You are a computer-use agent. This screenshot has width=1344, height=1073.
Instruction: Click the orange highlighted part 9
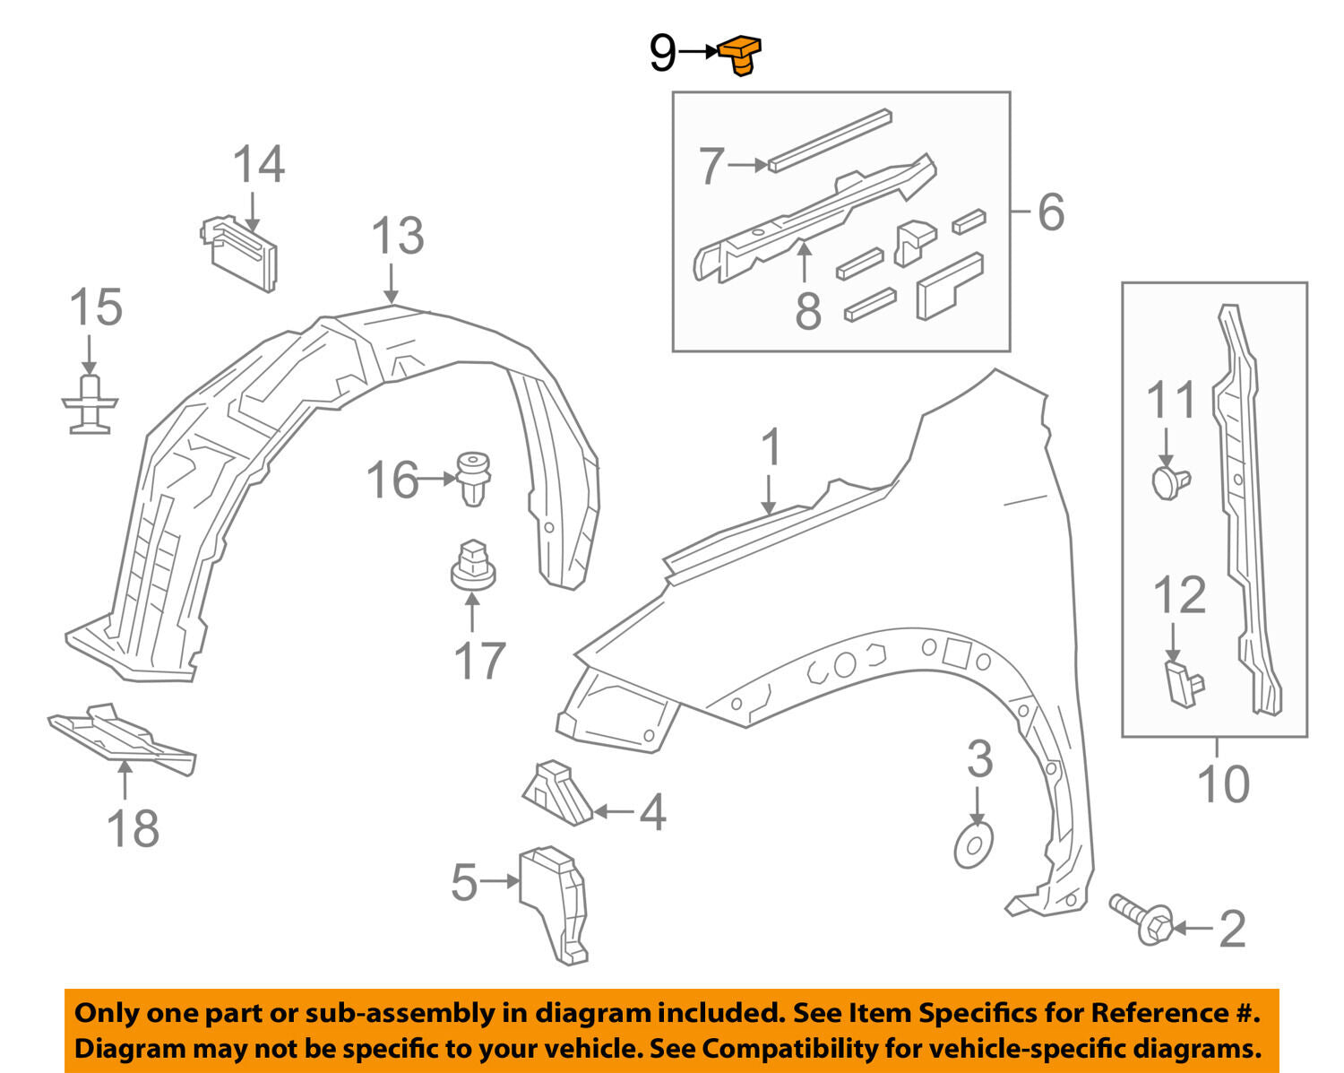coord(740,54)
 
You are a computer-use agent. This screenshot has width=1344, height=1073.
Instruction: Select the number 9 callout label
coord(662,54)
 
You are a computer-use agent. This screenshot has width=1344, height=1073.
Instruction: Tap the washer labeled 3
coord(973,844)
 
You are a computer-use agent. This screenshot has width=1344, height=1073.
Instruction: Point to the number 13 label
coord(397,237)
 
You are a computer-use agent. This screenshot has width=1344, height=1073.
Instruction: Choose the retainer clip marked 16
coord(473,479)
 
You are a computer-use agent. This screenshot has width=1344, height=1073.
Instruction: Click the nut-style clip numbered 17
coord(472,565)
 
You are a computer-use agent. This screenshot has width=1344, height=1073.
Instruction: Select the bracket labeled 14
coord(240,253)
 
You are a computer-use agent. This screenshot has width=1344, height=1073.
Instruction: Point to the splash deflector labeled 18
coord(121,738)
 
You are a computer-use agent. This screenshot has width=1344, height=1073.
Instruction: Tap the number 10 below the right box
coord(1223,784)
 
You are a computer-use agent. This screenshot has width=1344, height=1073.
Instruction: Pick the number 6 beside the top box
coord(1050,212)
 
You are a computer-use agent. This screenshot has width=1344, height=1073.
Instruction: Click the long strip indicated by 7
coord(830,141)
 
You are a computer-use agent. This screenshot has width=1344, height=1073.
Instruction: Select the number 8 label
coord(807,312)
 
